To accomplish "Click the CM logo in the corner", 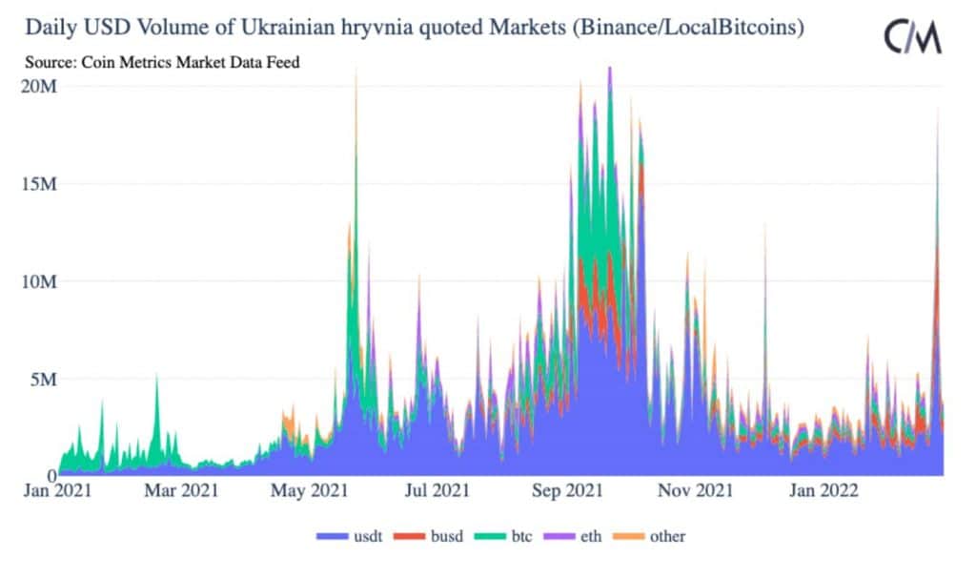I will (x=912, y=37).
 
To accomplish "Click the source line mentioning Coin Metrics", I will (x=163, y=64).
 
